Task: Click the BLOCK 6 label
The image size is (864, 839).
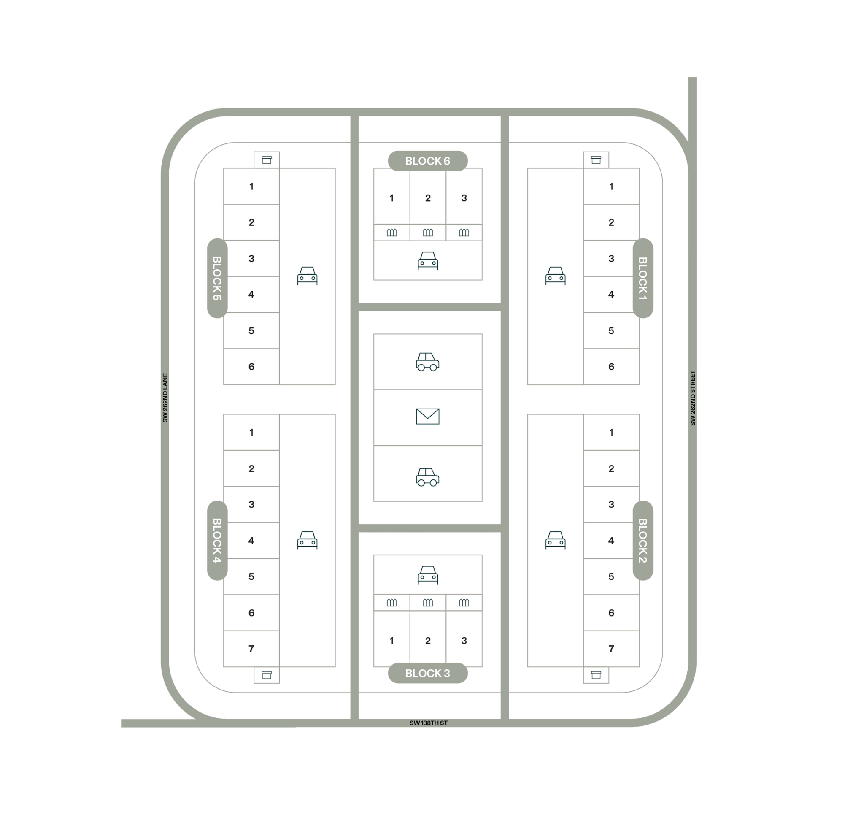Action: (x=427, y=161)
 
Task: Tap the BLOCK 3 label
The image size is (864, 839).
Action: (x=427, y=673)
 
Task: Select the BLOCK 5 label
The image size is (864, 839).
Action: (x=217, y=278)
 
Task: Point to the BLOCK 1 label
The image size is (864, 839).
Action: (x=643, y=278)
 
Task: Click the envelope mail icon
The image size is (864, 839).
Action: (x=428, y=416)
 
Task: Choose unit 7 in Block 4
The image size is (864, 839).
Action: (x=251, y=649)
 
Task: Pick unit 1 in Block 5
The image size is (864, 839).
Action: (x=251, y=186)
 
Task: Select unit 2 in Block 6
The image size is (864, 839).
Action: (x=428, y=198)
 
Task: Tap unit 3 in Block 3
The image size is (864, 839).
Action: (x=464, y=640)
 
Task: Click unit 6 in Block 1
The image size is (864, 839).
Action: (x=611, y=366)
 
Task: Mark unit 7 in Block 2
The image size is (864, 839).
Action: (x=611, y=649)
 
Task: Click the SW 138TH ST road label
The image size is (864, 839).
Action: (x=429, y=723)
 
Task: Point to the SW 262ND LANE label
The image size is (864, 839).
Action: (x=165, y=398)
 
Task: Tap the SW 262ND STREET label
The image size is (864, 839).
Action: (x=693, y=398)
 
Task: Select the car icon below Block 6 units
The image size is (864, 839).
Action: (x=428, y=260)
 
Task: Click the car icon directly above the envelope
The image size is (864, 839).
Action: (x=428, y=362)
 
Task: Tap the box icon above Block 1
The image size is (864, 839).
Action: (x=596, y=160)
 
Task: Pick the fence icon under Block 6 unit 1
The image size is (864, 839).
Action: (x=391, y=233)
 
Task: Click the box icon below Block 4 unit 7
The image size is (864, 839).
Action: (x=266, y=675)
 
